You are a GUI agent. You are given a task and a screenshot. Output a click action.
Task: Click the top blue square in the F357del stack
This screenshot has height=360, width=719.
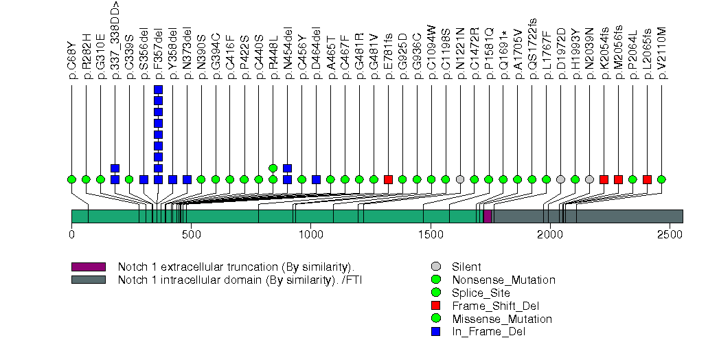tap(158, 89)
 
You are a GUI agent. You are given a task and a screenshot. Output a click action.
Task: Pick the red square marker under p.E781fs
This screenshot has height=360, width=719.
tap(388, 179)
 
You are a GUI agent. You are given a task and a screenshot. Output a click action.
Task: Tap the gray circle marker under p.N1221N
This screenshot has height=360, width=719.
tap(460, 179)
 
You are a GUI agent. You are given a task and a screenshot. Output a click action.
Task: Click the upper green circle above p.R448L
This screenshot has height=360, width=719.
tap(273, 168)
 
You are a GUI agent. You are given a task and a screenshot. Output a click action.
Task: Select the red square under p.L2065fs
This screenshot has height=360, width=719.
tap(647, 179)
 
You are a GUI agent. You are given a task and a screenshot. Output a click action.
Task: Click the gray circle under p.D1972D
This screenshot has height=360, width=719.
tap(560, 179)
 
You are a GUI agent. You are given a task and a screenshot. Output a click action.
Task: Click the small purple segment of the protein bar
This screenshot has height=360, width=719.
tap(488, 216)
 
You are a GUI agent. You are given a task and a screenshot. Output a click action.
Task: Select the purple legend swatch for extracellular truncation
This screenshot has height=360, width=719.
tap(88, 267)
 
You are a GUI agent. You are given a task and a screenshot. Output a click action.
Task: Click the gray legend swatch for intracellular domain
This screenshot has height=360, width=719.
tap(88, 280)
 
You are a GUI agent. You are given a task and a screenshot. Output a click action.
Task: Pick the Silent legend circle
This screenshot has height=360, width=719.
tap(436, 267)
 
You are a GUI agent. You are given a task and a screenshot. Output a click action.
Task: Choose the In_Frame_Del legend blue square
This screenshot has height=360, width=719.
tap(436, 332)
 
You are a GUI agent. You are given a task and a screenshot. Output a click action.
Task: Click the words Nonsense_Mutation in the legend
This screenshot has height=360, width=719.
tap(503, 280)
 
